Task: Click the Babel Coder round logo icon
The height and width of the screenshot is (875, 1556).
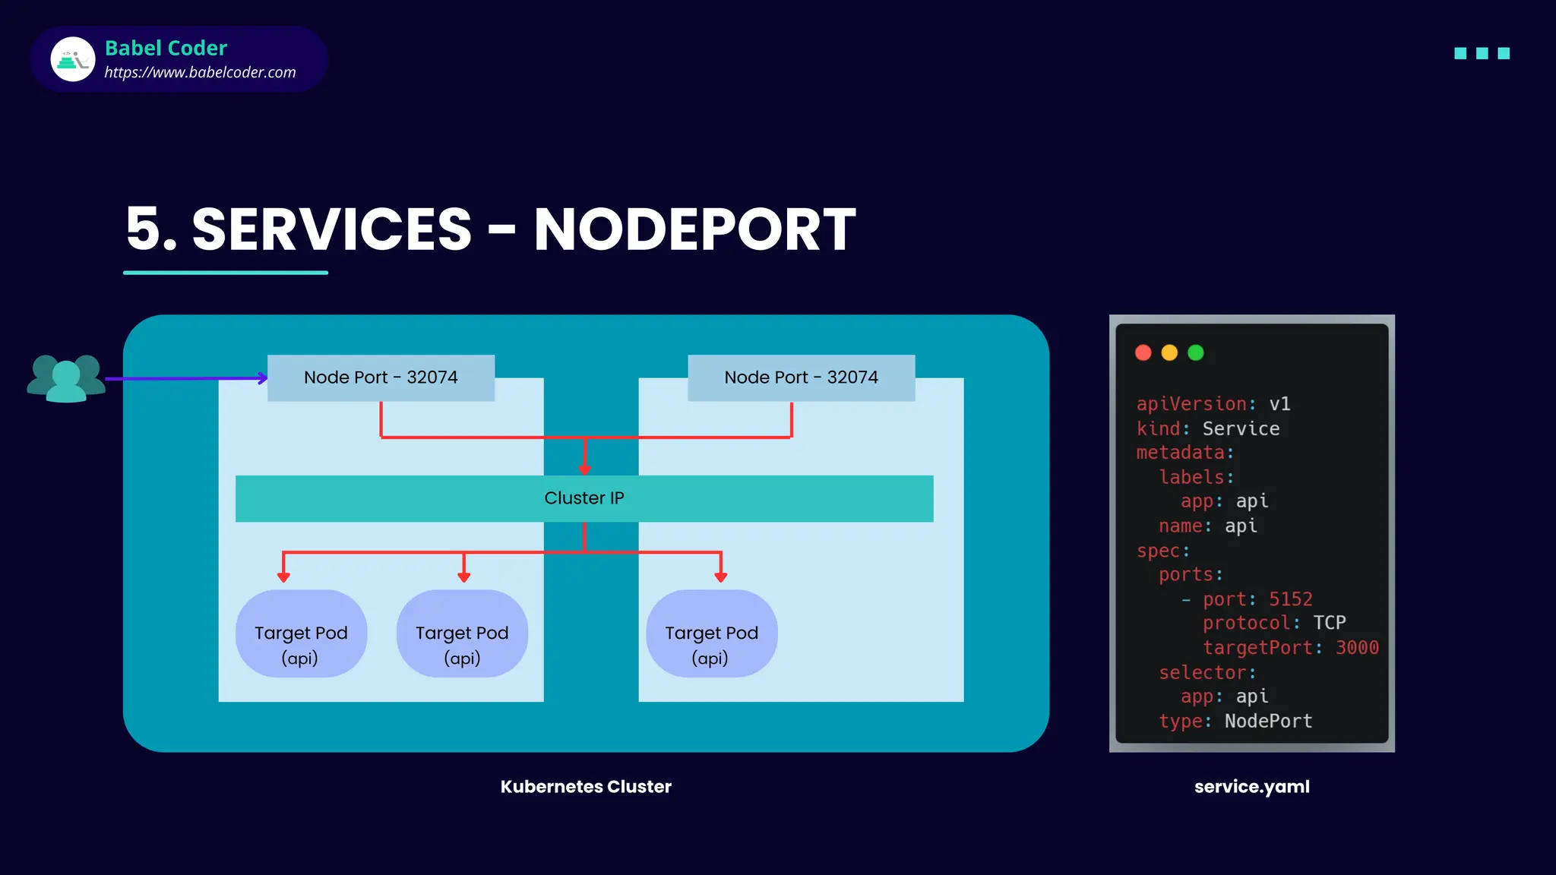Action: pyautogui.click(x=73, y=59)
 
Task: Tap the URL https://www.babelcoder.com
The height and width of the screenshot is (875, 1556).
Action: pyautogui.click(x=200, y=72)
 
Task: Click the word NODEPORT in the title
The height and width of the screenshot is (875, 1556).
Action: pyautogui.click(x=694, y=229)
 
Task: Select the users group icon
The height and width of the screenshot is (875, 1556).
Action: pyautogui.click(x=66, y=377)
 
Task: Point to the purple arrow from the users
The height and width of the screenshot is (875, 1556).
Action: pyautogui.click(x=185, y=378)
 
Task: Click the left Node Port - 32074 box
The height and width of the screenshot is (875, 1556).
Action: pyautogui.click(x=381, y=377)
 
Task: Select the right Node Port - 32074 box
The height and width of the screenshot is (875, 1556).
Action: pyautogui.click(x=801, y=377)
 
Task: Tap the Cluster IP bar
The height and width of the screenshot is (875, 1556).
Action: pyautogui.click(x=583, y=498)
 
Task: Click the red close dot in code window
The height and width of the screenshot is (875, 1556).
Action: pyautogui.click(x=1143, y=352)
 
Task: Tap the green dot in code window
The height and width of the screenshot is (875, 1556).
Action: pyautogui.click(x=1195, y=352)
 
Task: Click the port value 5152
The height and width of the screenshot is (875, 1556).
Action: pyautogui.click(x=1290, y=599)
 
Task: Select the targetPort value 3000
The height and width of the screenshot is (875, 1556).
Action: pyautogui.click(x=1357, y=648)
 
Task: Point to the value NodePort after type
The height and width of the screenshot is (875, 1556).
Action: pyautogui.click(x=1268, y=721)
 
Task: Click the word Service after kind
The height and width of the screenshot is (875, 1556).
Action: pyautogui.click(x=1241, y=429)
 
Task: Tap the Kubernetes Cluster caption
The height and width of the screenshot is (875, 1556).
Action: pyautogui.click(x=586, y=787)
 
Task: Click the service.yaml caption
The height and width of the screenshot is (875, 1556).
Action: pyautogui.click(x=1251, y=787)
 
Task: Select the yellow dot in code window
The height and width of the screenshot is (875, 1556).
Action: pyautogui.click(x=1169, y=352)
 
